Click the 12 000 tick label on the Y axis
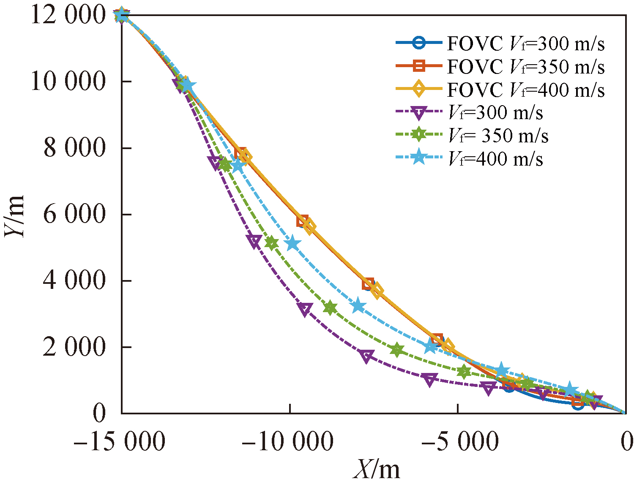68,16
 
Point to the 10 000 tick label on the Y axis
68,82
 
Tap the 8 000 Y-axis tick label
74,148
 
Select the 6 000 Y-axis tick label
74,215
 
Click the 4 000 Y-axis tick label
74,281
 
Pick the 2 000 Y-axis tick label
74,347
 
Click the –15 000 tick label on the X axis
120,442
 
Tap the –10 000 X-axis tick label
288,442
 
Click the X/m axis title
377,469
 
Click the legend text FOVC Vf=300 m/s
526,44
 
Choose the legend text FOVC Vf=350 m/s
526,67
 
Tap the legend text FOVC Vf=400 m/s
526,90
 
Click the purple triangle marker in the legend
419,113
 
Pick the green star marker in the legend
419,135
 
